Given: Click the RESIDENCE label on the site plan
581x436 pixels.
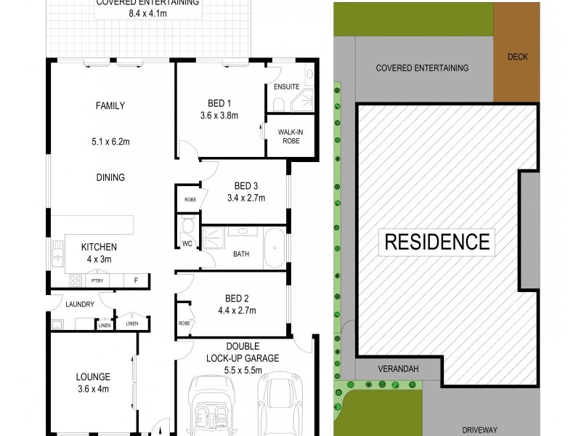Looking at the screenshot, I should point(436,240).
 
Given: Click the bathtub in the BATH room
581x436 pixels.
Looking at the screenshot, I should point(275,250).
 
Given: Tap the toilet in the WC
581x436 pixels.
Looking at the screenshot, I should point(186,223).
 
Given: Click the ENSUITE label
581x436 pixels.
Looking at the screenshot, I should point(286,87).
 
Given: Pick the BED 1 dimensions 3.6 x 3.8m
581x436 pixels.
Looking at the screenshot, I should point(219,115).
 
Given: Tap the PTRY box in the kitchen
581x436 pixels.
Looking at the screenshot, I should point(96,280).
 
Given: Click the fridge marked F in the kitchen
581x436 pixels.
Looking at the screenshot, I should point(134,280).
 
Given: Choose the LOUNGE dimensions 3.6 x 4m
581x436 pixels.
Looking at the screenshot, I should point(92,389).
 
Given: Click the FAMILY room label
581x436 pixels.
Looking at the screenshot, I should point(110,105).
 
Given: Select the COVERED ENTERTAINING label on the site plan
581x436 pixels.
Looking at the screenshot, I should point(423,68).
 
